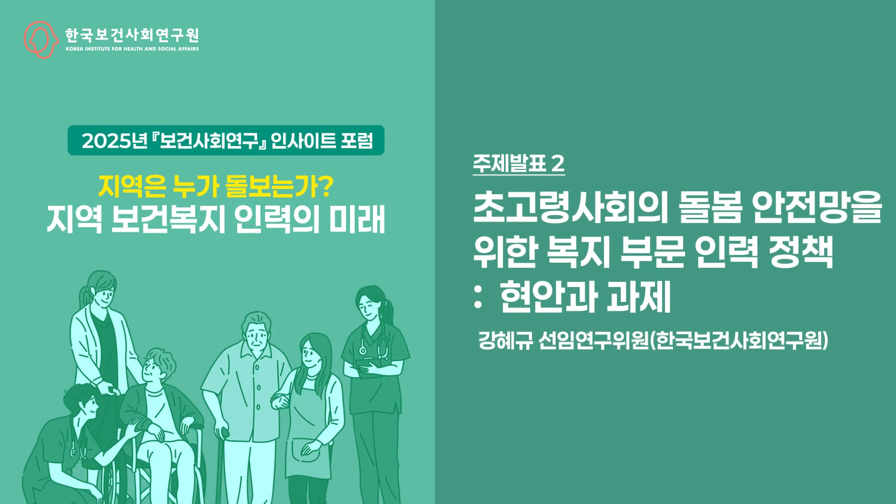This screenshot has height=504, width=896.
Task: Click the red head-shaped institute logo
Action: click(x=42, y=40)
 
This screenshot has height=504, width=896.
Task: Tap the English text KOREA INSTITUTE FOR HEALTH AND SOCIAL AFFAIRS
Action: click(x=132, y=49)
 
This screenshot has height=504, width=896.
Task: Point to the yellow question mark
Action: click(x=327, y=187)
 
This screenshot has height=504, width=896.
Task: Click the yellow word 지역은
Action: click(x=132, y=187)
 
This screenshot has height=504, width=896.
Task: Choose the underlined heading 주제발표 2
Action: click(x=518, y=164)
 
